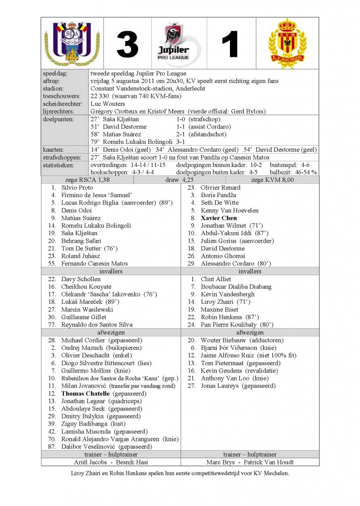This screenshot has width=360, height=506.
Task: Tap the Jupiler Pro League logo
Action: point(180,44)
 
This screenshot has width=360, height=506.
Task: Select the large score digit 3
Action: point(128,45)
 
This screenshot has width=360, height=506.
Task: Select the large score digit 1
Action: point(231,45)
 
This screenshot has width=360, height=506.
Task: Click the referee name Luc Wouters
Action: point(108,104)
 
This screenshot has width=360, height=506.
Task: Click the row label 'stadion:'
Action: point(54,89)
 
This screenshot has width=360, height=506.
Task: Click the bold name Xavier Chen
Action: point(219,218)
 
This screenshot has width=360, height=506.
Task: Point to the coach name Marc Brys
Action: point(220,462)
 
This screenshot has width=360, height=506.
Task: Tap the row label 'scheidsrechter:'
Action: point(61,104)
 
